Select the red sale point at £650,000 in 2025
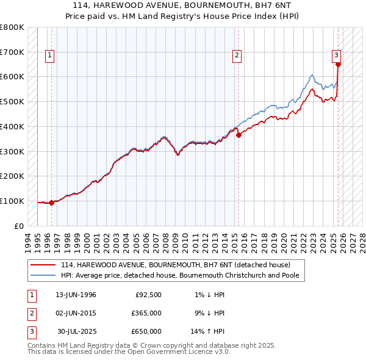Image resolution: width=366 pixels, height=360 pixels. [x=338, y=63]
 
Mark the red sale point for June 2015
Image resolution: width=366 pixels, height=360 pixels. [x=239, y=135]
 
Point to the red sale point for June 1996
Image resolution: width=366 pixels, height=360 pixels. [x=51, y=203]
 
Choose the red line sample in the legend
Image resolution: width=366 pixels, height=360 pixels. [x=44, y=265]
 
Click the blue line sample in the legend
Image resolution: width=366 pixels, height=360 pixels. [x=44, y=275]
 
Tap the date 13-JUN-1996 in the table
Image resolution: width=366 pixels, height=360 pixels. [x=76, y=295]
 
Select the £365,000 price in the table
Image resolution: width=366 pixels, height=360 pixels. [x=146, y=314]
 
